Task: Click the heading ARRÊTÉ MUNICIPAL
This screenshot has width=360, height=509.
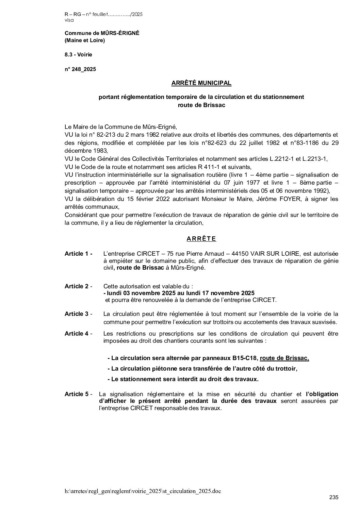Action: (x=201, y=83)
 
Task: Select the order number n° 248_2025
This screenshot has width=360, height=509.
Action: (x=80, y=69)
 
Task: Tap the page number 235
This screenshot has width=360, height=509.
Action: (x=334, y=497)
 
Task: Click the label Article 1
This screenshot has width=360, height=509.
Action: (x=78, y=254)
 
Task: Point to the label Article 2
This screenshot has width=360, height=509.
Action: (x=78, y=286)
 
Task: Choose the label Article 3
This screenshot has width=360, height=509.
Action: (x=78, y=314)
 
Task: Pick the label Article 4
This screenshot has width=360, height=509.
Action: (x=78, y=334)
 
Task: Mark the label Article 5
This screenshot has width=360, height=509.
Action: (x=78, y=394)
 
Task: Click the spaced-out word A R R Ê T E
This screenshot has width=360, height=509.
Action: (x=201, y=239)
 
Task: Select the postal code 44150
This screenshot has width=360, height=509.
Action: (x=241, y=254)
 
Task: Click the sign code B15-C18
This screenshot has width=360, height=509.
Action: (x=245, y=358)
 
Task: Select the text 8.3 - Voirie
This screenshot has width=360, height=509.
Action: (x=78, y=54)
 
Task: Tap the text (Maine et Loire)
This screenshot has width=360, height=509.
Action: (x=85, y=40)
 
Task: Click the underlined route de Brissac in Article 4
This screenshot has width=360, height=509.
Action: (x=284, y=358)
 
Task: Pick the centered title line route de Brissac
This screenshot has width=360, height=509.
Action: (x=201, y=105)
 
